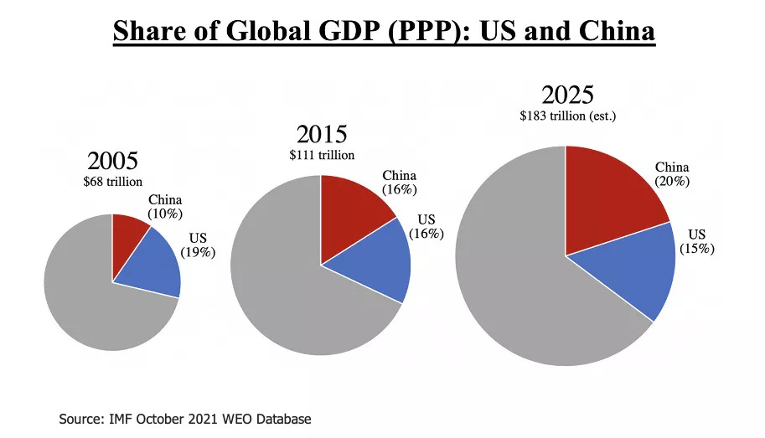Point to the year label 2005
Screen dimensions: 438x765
[x=113, y=161]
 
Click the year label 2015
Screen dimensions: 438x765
[x=322, y=134]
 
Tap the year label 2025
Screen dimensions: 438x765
[x=567, y=93]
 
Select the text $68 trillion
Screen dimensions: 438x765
[x=113, y=181]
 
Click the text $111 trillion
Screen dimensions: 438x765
[x=322, y=155]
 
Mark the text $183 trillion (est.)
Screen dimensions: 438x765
[x=567, y=116]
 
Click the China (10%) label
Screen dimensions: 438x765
[x=165, y=207]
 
